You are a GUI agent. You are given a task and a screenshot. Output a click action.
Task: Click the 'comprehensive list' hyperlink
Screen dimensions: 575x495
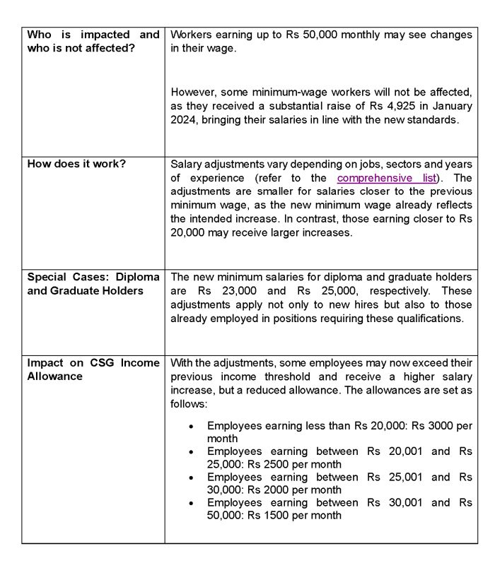pos(387,177)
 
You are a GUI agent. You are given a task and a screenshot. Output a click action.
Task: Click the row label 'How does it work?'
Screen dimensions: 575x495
pos(76,164)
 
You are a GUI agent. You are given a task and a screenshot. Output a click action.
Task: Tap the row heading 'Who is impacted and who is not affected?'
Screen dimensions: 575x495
pos(93,42)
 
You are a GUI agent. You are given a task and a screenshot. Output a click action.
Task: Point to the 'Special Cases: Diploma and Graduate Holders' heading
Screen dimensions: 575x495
pos(93,284)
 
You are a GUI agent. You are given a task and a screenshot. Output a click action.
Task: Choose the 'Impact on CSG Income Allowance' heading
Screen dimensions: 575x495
pos(93,369)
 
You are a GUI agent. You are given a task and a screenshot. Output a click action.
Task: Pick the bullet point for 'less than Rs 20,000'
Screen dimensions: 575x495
pos(192,426)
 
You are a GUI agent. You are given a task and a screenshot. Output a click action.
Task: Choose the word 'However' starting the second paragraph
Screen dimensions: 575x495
pos(193,93)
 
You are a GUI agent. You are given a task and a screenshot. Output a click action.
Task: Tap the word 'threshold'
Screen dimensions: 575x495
pos(351,377)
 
